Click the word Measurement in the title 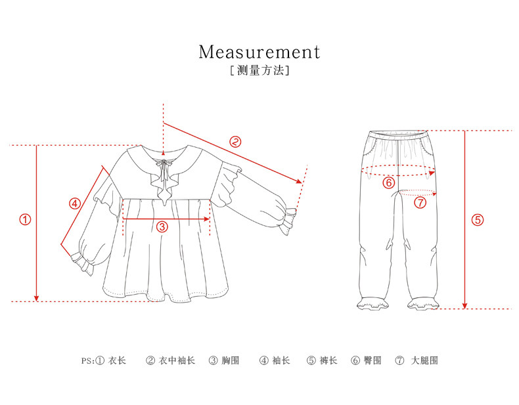point(259,51)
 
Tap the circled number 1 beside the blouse point(25,220)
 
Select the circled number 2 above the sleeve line point(235,141)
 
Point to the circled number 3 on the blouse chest point(162,227)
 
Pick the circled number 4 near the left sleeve point(75,203)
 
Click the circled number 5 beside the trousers point(478,220)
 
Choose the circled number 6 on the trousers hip point(389,182)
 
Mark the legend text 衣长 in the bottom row point(117,360)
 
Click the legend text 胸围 point(230,360)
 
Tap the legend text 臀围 point(372,360)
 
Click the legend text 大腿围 point(424,360)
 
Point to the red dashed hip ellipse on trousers point(399,171)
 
